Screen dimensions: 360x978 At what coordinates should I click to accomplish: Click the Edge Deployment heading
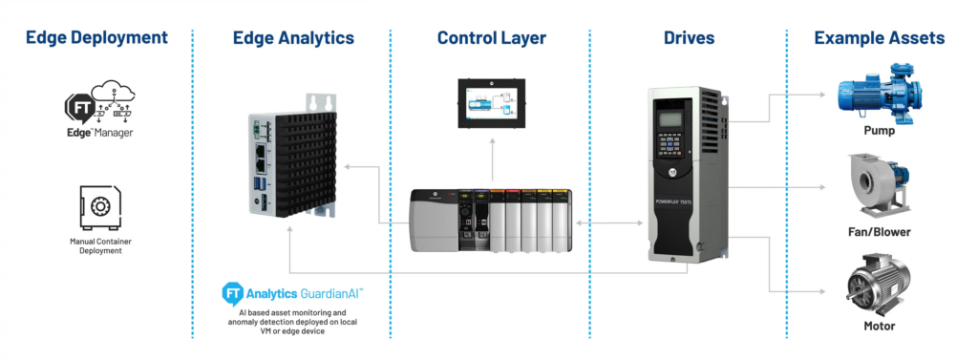(96, 38)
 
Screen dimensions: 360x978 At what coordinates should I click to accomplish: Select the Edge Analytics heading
(293, 38)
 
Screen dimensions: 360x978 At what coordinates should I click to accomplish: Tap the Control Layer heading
(491, 38)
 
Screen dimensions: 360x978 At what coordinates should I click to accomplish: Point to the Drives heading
(689, 38)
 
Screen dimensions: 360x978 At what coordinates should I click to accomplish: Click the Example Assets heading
(880, 38)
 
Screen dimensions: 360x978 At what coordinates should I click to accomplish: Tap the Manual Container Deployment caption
(99, 245)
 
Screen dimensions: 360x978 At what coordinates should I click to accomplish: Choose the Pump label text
(879, 131)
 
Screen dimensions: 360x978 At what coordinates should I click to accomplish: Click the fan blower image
(879, 187)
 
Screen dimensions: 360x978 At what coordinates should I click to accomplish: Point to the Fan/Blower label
(879, 232)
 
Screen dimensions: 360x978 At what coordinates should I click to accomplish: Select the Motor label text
(879, 326)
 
